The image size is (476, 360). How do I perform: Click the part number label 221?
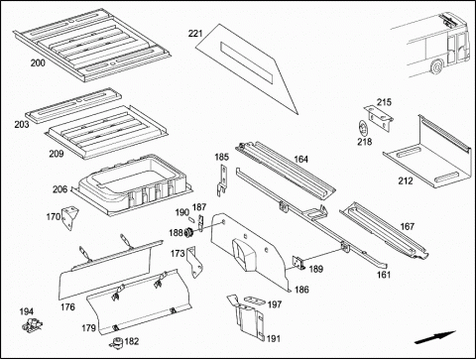click(195, 34)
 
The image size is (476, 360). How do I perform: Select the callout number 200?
click(38, 62)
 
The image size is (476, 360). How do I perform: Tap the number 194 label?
click(27, 311)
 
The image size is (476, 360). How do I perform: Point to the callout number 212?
click(406, 180)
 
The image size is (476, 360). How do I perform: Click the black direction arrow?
click(434, 337)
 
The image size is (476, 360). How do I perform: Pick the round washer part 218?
click(363, 128)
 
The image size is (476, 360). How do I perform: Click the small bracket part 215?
click(379, 118)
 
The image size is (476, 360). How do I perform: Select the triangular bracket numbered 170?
click(69, 218)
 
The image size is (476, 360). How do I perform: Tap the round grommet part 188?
click(189, 233)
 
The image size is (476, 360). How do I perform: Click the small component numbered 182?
click(116, 342)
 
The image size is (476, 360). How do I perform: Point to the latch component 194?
click(32, 324)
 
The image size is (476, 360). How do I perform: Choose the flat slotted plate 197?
click(255, 300)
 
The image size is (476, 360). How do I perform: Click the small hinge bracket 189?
click(298, 263)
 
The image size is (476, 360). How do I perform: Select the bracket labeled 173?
click(194, 264)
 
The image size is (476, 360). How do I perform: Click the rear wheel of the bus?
click(437, 65)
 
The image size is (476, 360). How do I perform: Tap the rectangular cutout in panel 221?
click(247, 61)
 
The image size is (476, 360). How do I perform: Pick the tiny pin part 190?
click(192, 220)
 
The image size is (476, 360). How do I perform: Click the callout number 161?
click(384, 275)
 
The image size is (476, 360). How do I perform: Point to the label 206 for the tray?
click(59, 189)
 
